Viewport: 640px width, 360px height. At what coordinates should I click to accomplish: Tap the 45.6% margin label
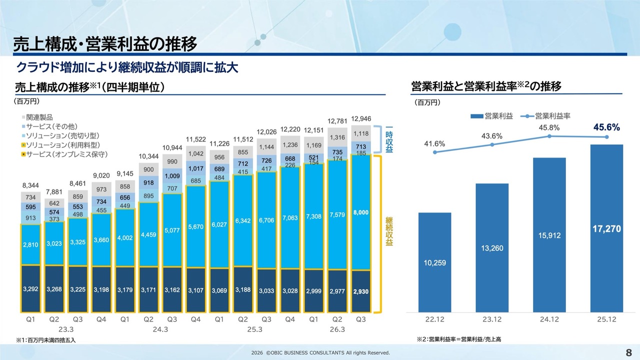pyautogui.click(x=606, y=127)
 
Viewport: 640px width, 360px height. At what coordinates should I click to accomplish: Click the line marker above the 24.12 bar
pyautogui.click(x=549, y=136)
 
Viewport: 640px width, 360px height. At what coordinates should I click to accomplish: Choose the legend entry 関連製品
pyautogui.click(x=39, y=117)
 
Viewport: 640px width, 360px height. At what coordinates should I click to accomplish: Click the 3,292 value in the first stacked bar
pyautogui.click(x=31, y=289)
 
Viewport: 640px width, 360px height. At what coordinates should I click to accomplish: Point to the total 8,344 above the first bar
pyautogui.click(x=31, y=185)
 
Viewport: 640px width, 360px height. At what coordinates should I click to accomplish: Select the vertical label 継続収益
pyautogui.click(x=389, y=230)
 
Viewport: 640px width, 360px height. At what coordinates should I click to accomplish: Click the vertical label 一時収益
pyautogui.click(x=389, y=138)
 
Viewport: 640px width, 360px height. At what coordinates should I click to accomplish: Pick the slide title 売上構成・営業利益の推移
pyautogui.click(x=105, y=43)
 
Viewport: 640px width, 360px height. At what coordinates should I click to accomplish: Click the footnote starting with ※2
pyautogui.click(x=458, y=339)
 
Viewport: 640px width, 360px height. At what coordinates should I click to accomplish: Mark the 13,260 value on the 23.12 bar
pyautogui.click(x=492, y=248)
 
